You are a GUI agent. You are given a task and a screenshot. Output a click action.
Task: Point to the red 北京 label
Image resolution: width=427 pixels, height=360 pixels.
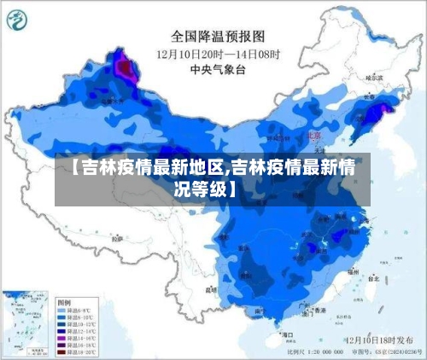coord(314,135)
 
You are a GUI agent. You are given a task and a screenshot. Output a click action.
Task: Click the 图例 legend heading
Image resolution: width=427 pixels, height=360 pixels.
coord(64,302)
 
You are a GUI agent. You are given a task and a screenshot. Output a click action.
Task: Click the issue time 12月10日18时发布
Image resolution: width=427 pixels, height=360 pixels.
coord(381,340)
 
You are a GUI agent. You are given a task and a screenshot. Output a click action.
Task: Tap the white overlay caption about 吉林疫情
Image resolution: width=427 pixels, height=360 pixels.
coord(213,178)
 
